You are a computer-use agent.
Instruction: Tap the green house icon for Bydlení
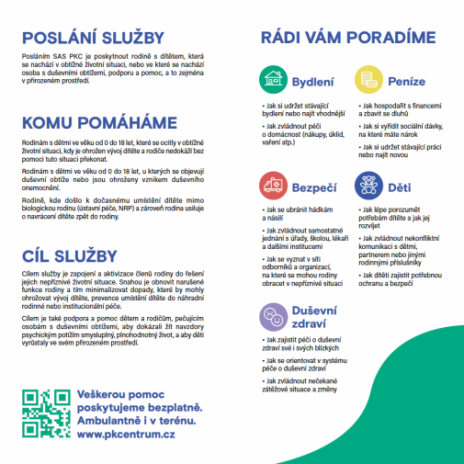coord(272,79)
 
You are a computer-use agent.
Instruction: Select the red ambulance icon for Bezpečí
coord(272,186)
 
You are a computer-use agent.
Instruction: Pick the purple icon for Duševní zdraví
coord(272,315)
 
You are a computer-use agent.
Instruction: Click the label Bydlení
coord(311,81)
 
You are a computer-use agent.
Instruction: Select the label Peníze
coord(407,81)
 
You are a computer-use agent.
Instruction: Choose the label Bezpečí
coord(313,187)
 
